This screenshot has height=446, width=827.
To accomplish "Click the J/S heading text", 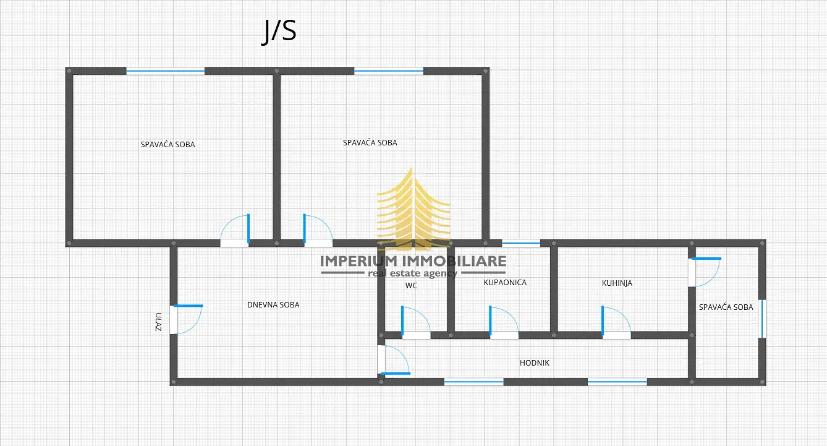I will (279, 32).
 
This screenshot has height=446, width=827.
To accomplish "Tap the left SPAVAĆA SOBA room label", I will (168, 145).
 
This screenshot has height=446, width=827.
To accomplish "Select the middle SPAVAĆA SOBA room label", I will (370, 143).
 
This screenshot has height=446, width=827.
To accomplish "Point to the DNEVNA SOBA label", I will (273, 305).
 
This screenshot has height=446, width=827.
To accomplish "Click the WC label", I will (412, 286).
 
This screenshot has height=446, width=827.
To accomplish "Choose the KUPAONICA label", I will (505, 283).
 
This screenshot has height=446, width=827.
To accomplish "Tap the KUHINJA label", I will (617, 283).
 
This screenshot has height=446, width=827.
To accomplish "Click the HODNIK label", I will (534, 363).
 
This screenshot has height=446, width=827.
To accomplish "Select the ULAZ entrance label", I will (159, 321).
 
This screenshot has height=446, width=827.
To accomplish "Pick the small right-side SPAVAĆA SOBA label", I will (726, 307).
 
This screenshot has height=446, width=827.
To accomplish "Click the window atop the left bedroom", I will (165, 71).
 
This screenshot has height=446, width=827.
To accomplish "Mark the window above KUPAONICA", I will (520, 243).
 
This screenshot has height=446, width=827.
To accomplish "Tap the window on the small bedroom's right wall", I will (762, 319).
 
